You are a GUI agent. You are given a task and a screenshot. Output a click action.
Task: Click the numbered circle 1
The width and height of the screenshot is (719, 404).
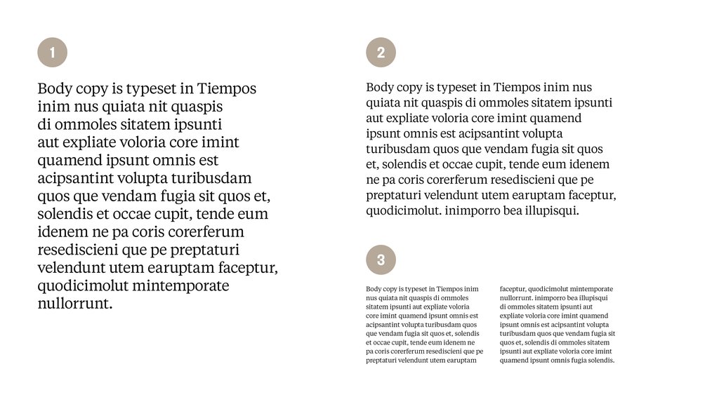52,52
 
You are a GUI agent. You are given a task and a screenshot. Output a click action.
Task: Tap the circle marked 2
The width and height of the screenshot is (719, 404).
381,52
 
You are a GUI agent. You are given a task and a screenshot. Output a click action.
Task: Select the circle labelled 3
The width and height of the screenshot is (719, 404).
381,260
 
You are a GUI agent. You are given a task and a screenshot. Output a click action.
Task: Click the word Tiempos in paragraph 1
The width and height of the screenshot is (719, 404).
227,89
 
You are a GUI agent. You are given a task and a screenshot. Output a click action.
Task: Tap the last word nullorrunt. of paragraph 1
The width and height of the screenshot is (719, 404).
74,304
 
